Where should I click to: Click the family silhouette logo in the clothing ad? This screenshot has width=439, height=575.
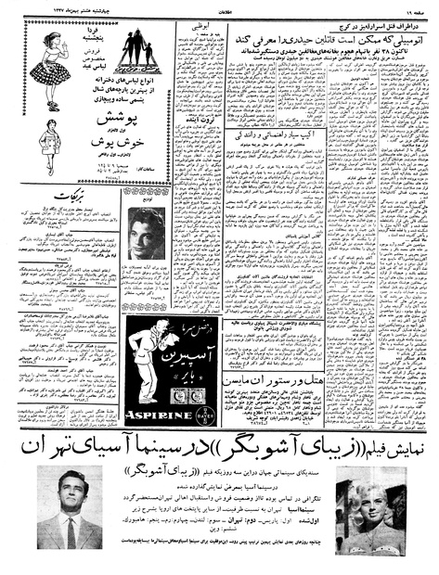tap(136, 56)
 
